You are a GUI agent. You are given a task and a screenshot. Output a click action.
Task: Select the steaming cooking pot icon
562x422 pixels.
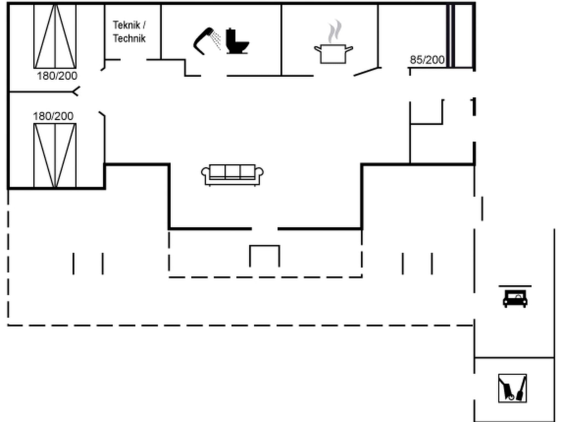(x=333, y=54)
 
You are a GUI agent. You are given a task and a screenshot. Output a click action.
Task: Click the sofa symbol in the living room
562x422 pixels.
(x=232, y=175)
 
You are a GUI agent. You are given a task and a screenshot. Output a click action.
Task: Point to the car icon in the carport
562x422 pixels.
(x=515, y=299)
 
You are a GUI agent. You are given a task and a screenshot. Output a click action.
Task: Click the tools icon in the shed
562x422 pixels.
(x=512, y=388)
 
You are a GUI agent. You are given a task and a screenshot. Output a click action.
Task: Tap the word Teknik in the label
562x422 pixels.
(x=126, y=25)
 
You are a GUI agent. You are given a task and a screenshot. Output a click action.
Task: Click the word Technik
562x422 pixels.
(x=129, y=38)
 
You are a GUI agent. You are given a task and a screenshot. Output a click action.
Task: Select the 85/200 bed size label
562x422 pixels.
(x=427, y=60)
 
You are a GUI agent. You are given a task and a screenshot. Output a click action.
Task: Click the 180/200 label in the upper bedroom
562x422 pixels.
(x=57, y=76)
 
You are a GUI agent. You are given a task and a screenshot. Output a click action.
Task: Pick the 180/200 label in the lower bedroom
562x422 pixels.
(x=53, y=116)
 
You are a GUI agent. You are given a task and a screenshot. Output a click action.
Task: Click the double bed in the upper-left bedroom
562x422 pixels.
(x=55, y=36)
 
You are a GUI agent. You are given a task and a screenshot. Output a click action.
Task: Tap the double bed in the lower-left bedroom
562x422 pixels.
(x=55, y=155)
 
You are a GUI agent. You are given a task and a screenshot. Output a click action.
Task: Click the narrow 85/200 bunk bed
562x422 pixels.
(x=451, y=36)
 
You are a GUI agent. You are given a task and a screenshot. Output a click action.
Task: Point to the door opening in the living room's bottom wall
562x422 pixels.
(x=265, y=229)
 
